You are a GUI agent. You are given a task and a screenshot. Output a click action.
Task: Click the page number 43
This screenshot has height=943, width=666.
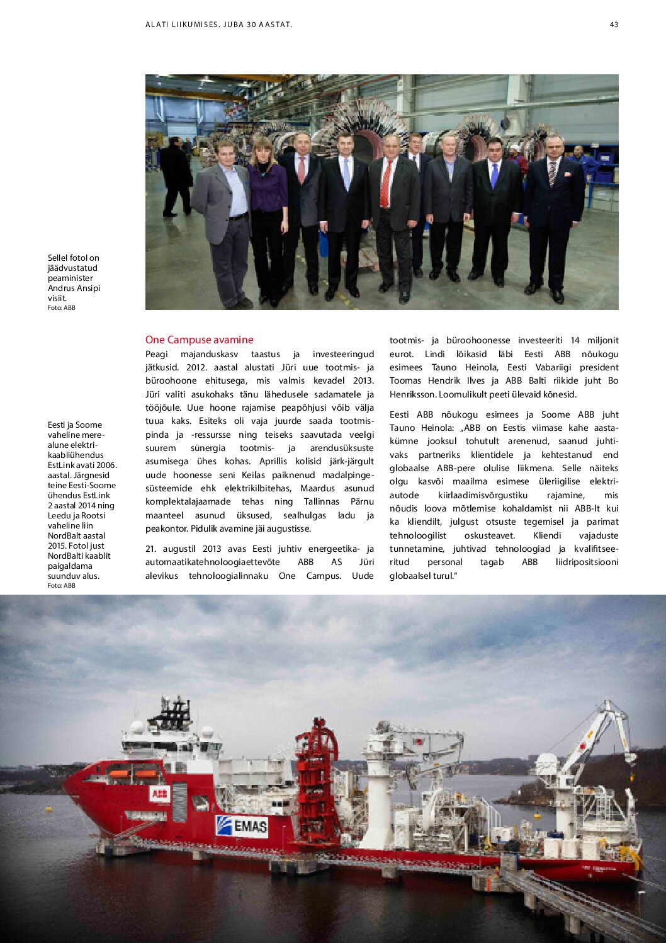pyautogui.click(x=614, y=25)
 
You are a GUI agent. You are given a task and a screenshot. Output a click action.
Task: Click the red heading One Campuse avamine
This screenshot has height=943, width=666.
pyautogui.click(x=199, y=340)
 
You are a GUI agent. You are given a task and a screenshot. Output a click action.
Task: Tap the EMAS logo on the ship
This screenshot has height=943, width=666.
pyautogui.click(x=242, y=825)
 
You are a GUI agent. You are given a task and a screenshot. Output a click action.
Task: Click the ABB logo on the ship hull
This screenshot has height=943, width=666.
pyautogui.click(x=159, y=794)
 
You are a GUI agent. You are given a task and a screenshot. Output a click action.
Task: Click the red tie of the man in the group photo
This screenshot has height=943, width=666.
pyautogui.click(x=386, y=184)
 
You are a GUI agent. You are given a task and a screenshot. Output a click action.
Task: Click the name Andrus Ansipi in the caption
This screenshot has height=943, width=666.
pyautogui.click(x=74, y=288)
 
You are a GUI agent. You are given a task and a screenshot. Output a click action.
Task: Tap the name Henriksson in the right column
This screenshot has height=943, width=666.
pyautogui.click(x=411, y=394)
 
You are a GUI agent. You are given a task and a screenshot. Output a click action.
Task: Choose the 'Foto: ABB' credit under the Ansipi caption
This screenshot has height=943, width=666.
pyautogui.click(x=61, y=308)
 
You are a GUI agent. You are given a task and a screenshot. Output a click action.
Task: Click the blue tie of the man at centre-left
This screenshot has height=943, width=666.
pyautogui.click(x=346, y=175)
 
